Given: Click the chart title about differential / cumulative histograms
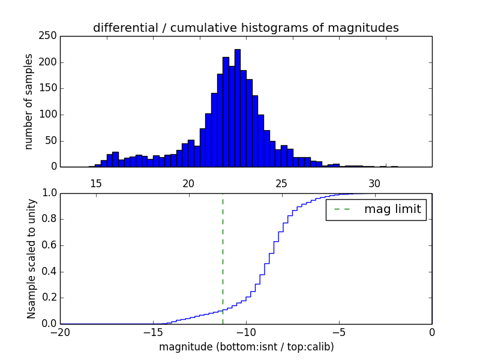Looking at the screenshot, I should coord(245,28).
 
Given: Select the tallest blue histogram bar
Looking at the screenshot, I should coord(237,108).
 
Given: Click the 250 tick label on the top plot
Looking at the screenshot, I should coord(50,36).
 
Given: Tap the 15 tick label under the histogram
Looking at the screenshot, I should coord(96,183).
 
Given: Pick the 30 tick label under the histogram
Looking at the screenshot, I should coord(374,183).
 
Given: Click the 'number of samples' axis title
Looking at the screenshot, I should coord(29,101).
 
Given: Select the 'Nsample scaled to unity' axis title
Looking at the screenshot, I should coord(31,258).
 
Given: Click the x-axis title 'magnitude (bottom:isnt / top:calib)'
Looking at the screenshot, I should coord(246,347).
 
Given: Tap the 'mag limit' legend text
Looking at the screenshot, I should coord(392,209).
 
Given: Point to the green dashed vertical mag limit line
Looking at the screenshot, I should coord(223,258).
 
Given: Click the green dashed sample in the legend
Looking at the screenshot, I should coord(341,209).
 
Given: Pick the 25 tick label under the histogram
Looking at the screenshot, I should coord(281,183).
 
